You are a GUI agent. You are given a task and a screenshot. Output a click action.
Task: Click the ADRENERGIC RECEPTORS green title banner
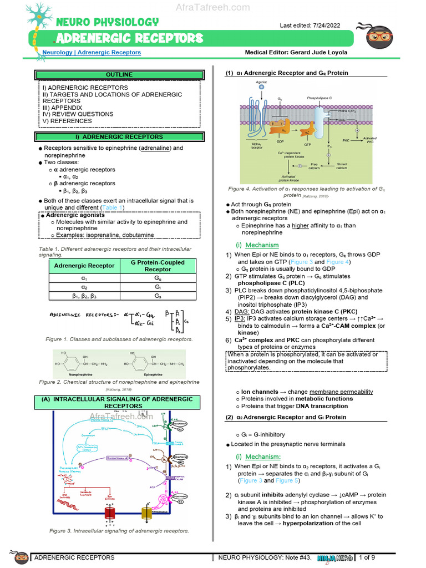point(130,38)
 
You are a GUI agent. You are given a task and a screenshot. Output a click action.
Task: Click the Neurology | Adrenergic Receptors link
point(92,53)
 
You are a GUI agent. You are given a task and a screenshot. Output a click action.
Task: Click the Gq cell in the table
point(158,278)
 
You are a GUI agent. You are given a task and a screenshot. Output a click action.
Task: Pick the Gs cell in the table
point(158,297)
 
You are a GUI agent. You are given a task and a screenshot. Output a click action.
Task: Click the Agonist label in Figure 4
point(261,82)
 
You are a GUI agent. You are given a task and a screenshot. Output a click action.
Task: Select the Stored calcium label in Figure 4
point(341,166)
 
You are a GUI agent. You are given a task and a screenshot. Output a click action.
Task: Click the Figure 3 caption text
point(119,531)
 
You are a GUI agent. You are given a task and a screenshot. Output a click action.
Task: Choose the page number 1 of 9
point(367,557)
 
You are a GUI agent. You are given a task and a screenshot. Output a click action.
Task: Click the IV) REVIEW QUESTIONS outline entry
point(78,114)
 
